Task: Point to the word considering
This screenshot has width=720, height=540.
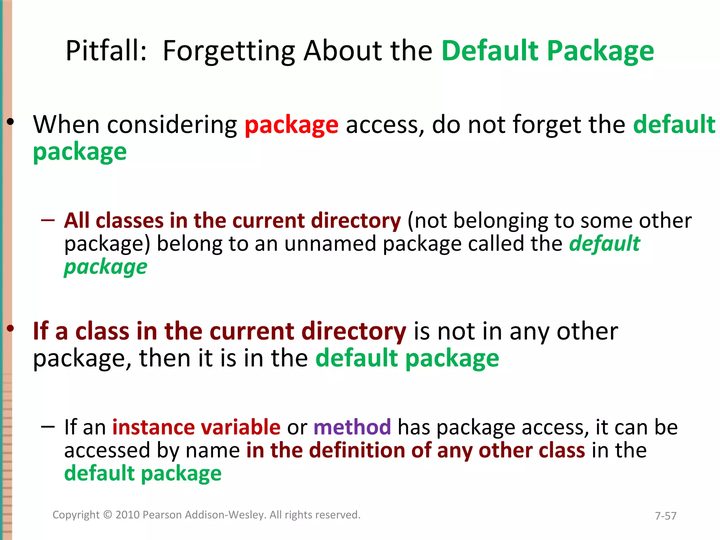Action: (172, 125)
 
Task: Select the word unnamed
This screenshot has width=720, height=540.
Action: (330, 244)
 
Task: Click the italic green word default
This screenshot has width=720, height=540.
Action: (604, 244)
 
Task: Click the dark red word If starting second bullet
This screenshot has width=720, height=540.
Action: (40, 331)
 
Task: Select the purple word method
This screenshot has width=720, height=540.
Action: (352, 427)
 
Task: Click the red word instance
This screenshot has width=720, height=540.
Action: (154, 427)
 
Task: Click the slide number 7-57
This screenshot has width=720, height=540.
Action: (666, 516)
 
